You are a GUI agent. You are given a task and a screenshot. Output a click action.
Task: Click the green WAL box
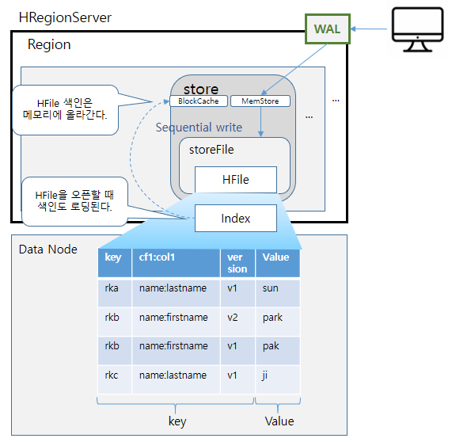coord(327,29)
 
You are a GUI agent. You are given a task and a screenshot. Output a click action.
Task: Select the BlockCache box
coord(198,101)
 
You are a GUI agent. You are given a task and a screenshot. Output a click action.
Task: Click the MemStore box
coord(260,101)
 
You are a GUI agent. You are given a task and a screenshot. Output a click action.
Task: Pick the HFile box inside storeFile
coord(235,180)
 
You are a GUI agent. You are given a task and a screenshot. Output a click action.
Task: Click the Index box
coord(235,218)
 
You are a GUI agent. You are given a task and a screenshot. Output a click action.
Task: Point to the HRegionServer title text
coord(65,17)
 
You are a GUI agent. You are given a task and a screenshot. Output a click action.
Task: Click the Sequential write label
coord(199,128)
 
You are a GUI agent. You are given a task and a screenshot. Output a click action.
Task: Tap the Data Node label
coord(48,250)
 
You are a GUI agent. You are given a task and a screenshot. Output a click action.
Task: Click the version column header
coord(237,263)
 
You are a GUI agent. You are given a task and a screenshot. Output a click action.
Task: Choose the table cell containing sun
coord(277,289)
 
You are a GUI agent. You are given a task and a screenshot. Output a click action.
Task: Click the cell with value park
coord(277,318)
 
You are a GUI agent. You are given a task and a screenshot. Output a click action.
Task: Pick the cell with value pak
coord(277,346)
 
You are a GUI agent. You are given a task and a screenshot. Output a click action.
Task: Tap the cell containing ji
coord(277,375)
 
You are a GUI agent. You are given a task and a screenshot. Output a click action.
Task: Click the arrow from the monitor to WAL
coord(371,30)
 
